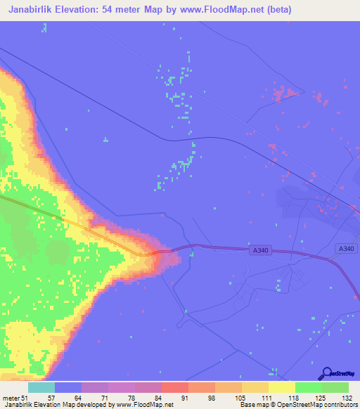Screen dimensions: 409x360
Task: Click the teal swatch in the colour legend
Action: [x=41, y=387]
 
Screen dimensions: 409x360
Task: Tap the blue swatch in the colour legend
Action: [x=68, y=387]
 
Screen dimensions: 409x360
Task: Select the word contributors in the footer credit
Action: [x=339, y=405]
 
